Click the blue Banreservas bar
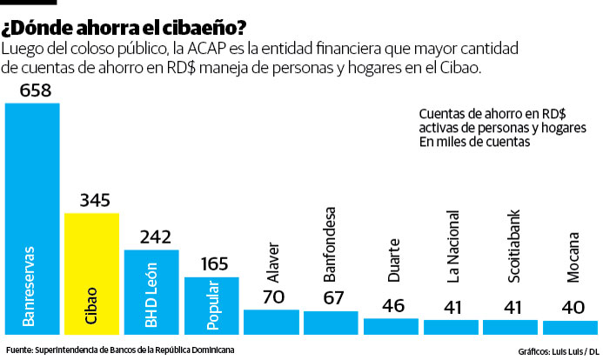(x=32, y=217)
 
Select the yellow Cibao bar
(x=91, y=273)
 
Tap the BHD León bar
(x=151, y=292)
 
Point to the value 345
(x=92, y=200)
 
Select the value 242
(x=151, y=237)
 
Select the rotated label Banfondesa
(x=331, y=245)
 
